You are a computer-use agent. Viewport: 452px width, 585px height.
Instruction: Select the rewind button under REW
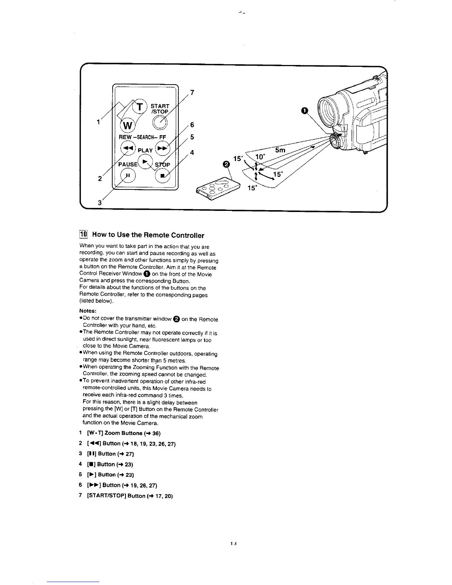[x=128, y=148]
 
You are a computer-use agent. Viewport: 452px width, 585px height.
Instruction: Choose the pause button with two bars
[x=128, y=175]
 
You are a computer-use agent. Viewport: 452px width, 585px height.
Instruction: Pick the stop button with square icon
[x=162, y=175]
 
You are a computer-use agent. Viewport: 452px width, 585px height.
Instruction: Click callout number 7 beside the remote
[x=192, y=92]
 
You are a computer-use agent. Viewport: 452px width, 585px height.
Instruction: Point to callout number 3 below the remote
[x=100, y=202]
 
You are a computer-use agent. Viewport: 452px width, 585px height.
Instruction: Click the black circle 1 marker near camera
[x=304, y=110]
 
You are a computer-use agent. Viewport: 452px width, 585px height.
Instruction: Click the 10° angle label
[x=260, y=157]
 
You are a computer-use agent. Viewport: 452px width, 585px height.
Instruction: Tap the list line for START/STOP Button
[x=126, y=496]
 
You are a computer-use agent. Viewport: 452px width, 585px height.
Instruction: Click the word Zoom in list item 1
[x=113, y=433]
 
